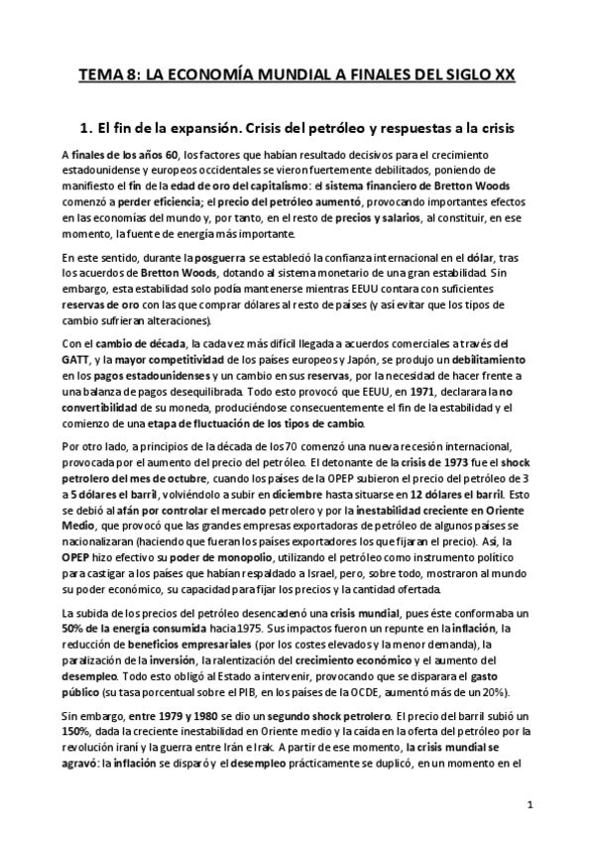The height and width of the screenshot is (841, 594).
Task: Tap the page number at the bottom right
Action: pos(531,803)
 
